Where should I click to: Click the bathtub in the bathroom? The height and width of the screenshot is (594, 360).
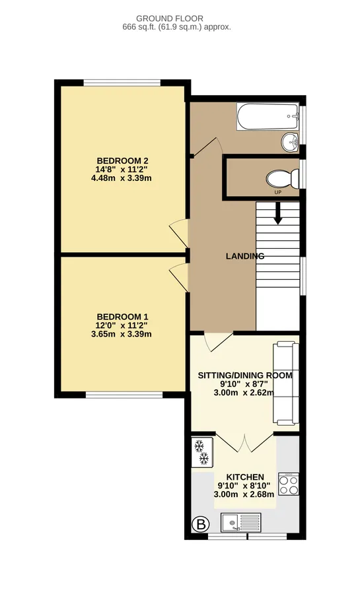(x=268, y=116)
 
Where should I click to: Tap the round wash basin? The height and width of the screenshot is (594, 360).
(x=290, y=143)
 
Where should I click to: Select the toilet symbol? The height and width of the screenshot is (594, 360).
(x=283, y=179)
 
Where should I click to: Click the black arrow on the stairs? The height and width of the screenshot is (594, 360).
(x=278, y=213)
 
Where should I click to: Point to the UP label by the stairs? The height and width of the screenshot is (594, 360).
(x=278, y=193)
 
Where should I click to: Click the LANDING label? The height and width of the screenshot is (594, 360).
(x=245, y=256)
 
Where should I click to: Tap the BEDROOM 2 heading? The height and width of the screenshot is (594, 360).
(x=122, y=160)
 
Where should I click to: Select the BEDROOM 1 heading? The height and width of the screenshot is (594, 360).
(x=122, y=317)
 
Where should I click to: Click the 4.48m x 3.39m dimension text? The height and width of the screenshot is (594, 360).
(x=122, y=178)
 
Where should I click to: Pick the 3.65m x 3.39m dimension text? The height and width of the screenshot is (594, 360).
(x=122, y=334)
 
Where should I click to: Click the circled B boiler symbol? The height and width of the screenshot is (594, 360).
(x=201, y=525)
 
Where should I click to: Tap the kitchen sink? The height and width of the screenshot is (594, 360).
(x=241, y=523)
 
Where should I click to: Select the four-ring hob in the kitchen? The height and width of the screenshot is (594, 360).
(x=289, y=484)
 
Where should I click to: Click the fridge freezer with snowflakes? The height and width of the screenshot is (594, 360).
(x=203, y=452)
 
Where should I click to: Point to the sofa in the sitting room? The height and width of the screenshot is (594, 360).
(x=286, y=383)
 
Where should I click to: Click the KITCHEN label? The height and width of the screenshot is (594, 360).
(x=245, y=477)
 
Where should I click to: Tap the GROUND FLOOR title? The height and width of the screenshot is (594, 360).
(x=170, y=18)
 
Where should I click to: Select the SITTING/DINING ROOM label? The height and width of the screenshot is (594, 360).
(x=245, y=376)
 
